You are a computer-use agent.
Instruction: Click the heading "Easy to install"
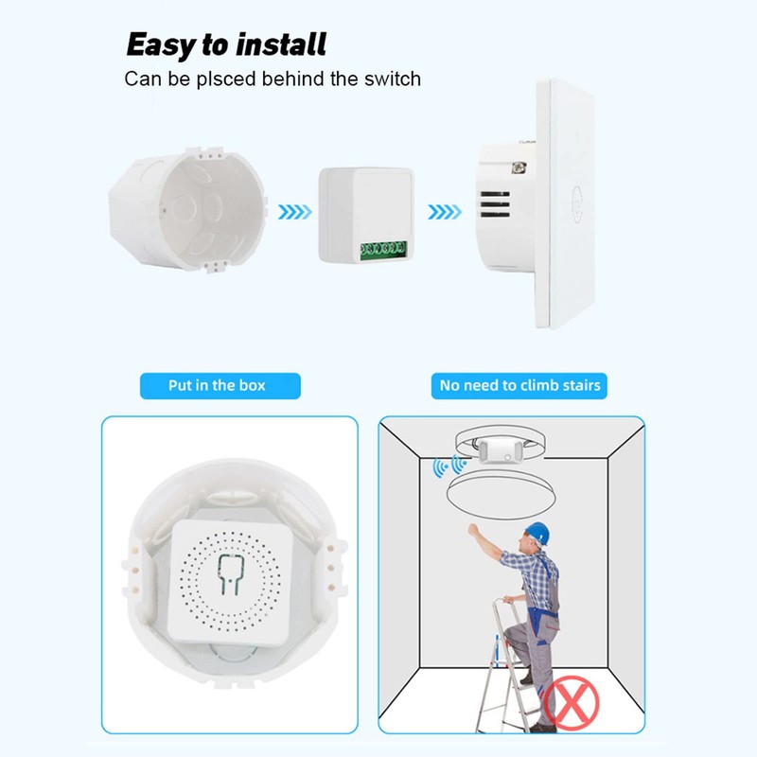226,44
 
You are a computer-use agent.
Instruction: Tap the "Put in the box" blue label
217,385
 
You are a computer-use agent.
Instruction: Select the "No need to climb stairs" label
519,385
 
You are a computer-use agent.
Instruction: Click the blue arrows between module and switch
444,212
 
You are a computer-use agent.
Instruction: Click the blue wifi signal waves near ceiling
447,466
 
